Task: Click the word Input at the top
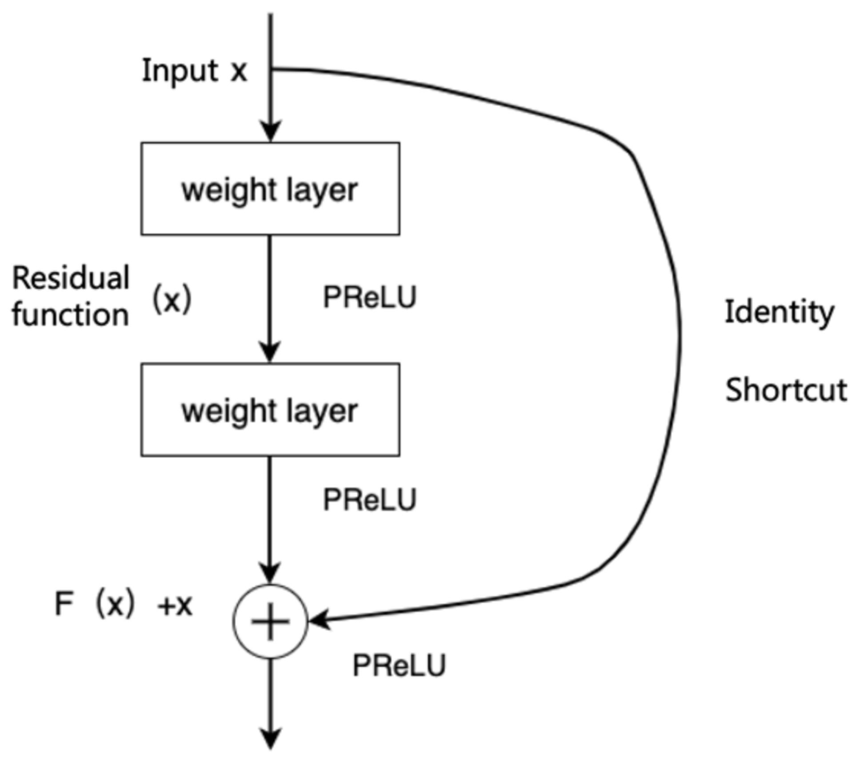pos(180,71)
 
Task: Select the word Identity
pos(779,312)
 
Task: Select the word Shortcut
pos(786,390)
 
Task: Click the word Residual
pos(70,278)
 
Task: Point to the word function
pos(70,315)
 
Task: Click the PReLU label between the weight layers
pos(369,297)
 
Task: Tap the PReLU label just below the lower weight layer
pos(369,500)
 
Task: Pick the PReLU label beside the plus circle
pos(399,665)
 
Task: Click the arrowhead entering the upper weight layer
pos(271,131)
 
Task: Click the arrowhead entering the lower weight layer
pos(270,352)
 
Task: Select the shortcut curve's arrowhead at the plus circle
pos(319,619)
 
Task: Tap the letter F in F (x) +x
pos(64,605)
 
